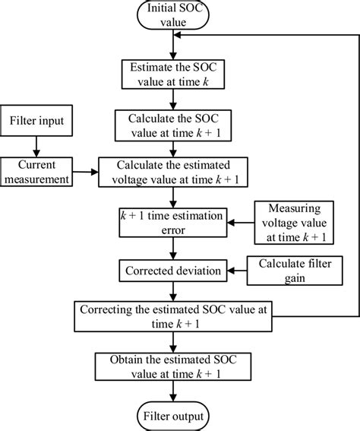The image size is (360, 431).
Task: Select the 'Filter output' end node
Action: point(175,415)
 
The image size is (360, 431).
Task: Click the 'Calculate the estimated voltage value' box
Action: point(175,172)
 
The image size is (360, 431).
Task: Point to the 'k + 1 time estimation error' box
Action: point(175,222)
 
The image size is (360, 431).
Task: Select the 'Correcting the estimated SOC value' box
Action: point(175,315)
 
